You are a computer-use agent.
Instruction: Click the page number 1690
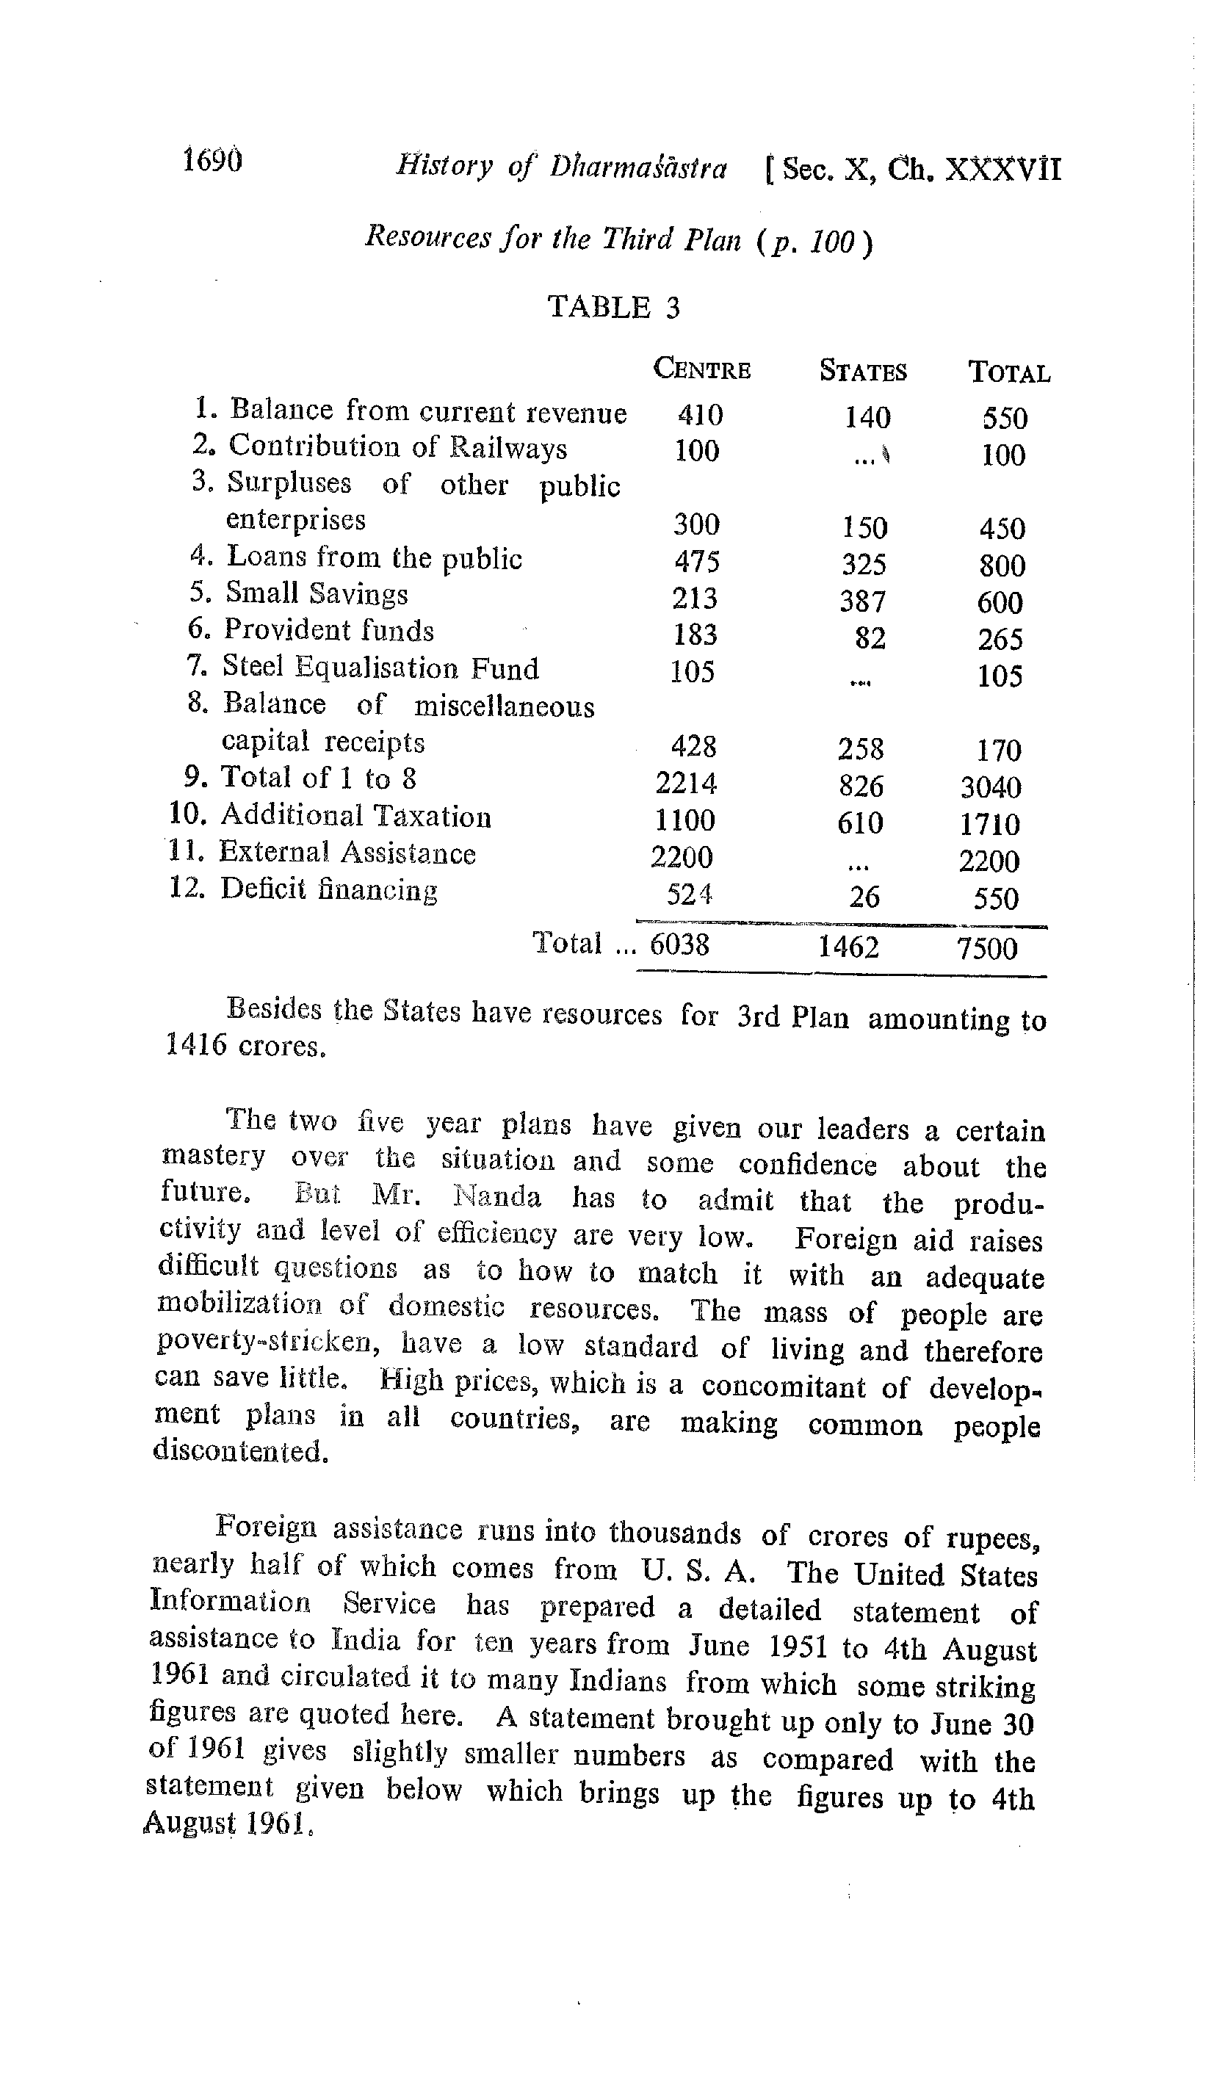click(x=212, y=160)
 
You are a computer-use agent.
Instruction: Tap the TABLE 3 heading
click(x=613, y=307)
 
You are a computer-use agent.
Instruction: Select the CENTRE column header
click(x=701, y=369)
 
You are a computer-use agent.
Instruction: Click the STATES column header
click(x=863, y=371)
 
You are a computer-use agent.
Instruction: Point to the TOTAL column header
click(x=1009, y=372)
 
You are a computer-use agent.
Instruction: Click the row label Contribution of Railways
click(x=397, y=447)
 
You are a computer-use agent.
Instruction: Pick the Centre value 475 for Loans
click(x=697, y=562)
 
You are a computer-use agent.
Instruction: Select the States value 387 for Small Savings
click(x=863, y=601)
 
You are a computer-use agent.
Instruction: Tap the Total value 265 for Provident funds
click(x=1000, y=640)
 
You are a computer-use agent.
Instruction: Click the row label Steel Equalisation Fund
click(x=380, y=668)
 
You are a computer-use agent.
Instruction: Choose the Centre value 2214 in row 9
click(x=685, y=782)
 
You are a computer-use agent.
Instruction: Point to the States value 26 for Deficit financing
click(x=864, y=897)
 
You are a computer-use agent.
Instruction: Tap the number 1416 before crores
click(x=196, y=1044)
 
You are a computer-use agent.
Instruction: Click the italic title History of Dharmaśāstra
click(x=561, y=167)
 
